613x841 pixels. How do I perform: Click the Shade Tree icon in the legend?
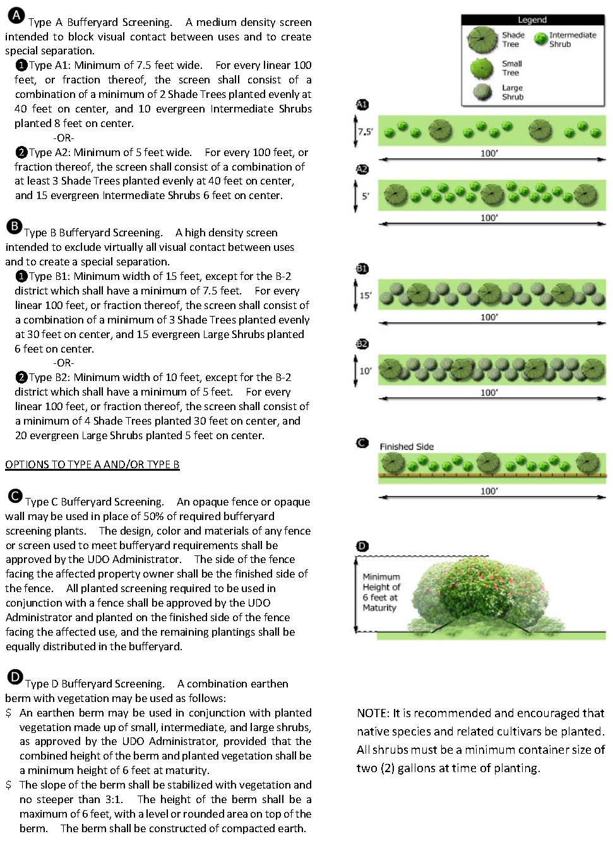click(x=483, y=40)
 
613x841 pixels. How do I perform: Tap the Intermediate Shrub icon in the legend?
click(x=540, y=39)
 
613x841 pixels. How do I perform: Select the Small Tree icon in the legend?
click(x=482, y=68)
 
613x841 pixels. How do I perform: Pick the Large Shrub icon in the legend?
click(x=483, y=92)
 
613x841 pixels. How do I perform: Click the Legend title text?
click(x=532, y=20)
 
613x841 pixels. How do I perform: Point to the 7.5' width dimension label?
click(x=366, y=132)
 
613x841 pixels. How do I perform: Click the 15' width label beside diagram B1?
click(x=366, y=295)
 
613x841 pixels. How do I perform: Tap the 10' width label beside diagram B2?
click(x=366, y=371)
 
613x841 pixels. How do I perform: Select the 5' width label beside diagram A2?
click(x=366, y=196)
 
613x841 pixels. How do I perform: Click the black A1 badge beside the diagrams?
click(x=362, y=105)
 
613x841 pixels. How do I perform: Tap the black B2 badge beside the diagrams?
click(x=362, y=344)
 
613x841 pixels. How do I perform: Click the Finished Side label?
click(x=407, y=447)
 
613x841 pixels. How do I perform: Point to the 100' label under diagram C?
click(x=489, y=491)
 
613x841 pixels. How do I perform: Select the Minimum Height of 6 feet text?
click(x=381, y=592)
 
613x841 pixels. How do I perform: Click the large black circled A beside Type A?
click(x=16, y=16)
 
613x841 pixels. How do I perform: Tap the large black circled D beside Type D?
click(x=15, y=677)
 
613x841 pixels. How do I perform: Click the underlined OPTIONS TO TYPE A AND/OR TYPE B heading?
click(x=92, y=464)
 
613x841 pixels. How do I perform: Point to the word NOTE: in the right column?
click(x=373, y=713)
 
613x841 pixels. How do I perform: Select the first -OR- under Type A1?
click(x=64, y=138)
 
